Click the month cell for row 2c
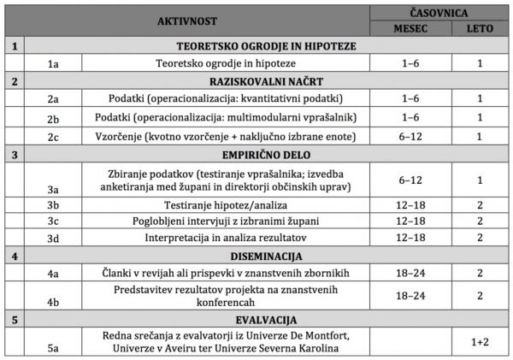[x=410, y=137]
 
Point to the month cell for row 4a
[x=410, y=272]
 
